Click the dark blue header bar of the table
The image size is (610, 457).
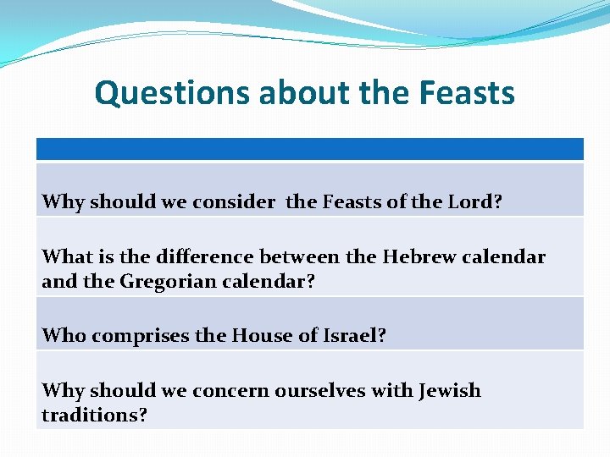click(309, 149)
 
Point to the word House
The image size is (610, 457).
click(260, 335)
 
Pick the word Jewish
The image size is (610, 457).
click(449, 390)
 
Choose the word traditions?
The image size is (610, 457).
click(94, 416)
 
